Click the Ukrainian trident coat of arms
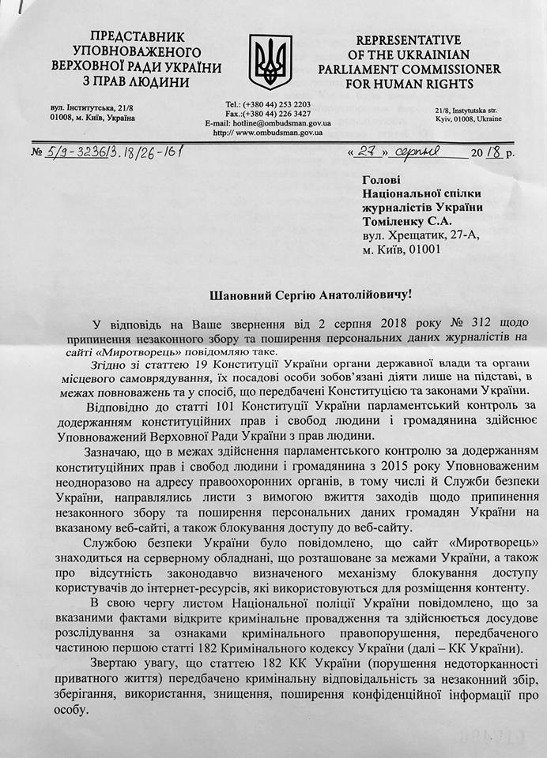coord(270,61)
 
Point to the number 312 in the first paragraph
coord(413,324)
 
